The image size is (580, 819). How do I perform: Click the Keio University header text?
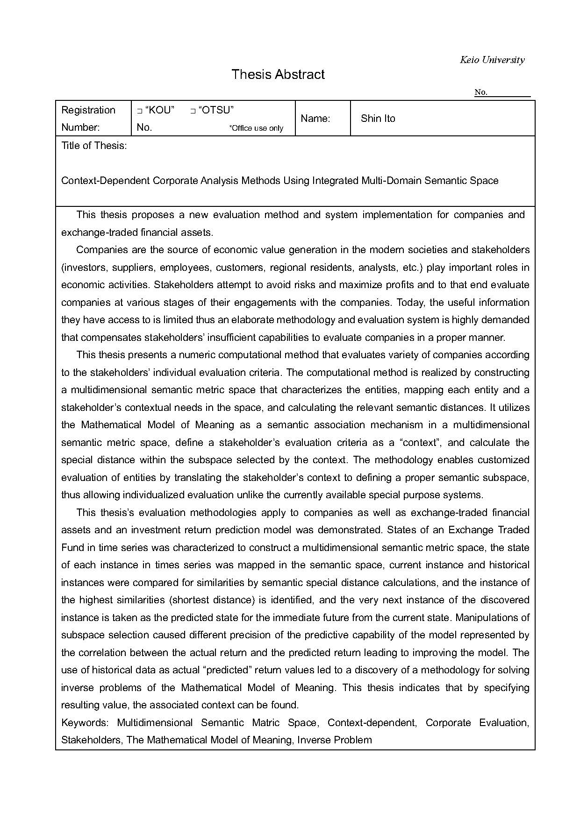492,60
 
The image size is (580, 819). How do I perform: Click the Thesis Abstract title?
278,75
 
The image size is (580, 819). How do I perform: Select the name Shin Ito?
378,119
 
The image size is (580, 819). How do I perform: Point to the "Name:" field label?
315,119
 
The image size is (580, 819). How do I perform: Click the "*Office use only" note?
256,128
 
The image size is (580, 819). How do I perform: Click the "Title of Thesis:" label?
94,146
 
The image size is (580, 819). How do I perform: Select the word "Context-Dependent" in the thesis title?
105,181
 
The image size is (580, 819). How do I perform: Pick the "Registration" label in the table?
88,110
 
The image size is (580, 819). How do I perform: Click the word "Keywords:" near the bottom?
85,723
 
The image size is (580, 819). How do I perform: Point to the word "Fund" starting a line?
72,548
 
